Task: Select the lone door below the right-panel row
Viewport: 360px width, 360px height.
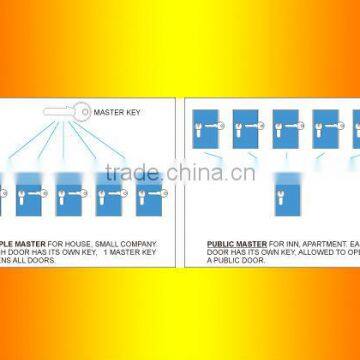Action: (x=287, y=190)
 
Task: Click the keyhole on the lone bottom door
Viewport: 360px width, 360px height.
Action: (x=287, y=188)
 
